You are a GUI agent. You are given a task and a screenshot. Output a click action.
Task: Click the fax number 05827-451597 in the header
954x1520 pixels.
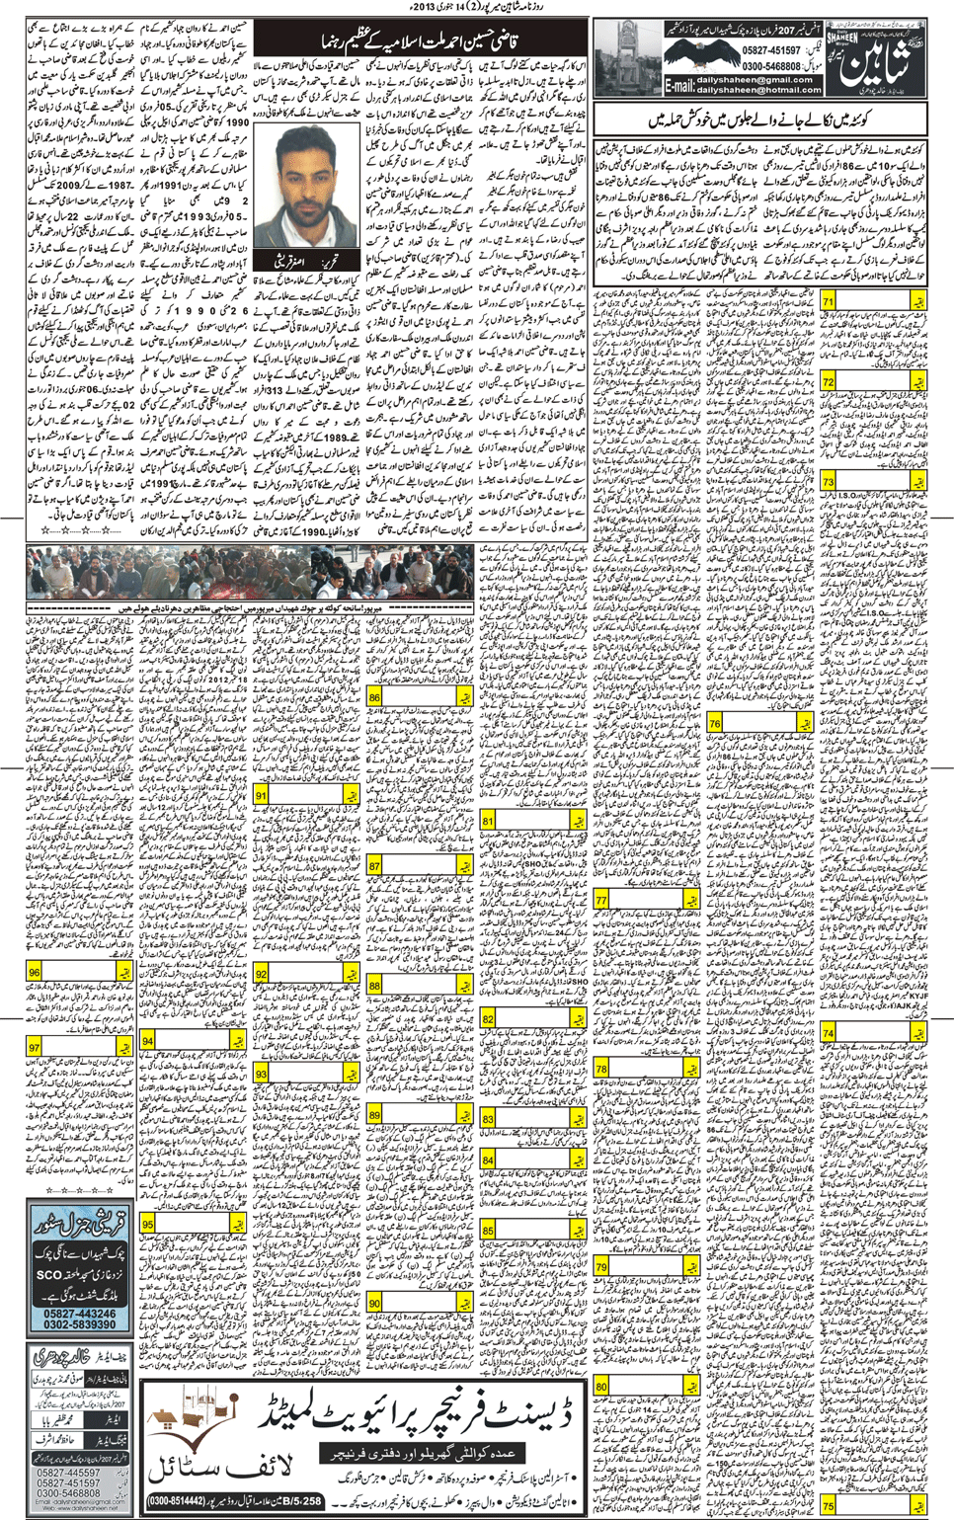pyautogui.click(x=771, y=50)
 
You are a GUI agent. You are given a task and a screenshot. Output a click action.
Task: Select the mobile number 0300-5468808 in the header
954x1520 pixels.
pyautogui.click(x=771, y=65)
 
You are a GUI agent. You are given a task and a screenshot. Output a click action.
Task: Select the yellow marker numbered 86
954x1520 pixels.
pyautogui.click(x=375, y=696)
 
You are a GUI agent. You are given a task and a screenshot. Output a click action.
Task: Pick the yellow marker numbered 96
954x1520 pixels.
pyautogui.click(x=36, y=973)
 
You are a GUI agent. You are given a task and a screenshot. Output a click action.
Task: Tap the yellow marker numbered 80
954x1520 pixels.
pyautogui.click(x=602, y=1387)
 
